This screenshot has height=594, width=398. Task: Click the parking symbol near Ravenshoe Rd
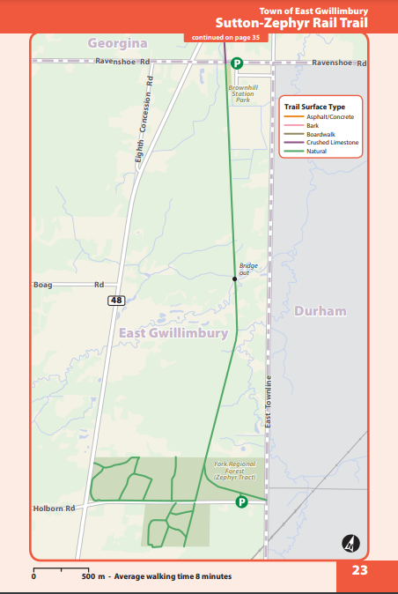tap(237, 63)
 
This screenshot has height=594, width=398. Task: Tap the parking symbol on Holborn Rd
tap(240, 501)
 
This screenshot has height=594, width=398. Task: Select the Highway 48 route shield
tap(116, 301)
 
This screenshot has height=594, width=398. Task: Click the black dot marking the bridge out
tap(235, 279)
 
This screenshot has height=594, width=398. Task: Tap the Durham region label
tap(321, 312)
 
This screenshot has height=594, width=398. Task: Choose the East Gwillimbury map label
tap(173, 333)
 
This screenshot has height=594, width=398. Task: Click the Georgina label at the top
tap(117, 42)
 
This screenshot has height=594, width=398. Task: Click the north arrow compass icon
tap(350, 543)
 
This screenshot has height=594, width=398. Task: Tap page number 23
tap(359, 570)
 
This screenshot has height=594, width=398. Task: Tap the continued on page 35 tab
tap(225, 37)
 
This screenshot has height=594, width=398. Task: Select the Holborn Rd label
tap(55, 509)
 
